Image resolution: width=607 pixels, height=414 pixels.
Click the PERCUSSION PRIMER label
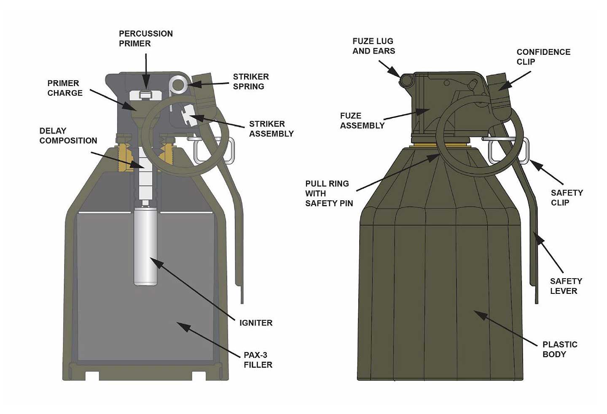[145, 38]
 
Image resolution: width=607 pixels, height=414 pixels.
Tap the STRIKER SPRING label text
[250, 81]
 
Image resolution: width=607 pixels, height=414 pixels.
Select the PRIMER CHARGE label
[65, 88]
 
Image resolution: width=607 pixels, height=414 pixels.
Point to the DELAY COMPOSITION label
[68, 135]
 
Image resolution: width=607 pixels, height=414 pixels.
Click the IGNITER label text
[255, 323]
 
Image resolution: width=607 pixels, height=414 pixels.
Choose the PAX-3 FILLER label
[258, 360]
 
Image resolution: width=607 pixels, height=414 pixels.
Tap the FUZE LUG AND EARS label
[373, 46]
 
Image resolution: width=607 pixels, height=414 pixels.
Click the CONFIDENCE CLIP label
[543, 56]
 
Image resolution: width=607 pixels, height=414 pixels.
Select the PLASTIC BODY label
[559, 349]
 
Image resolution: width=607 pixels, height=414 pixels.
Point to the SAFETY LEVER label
[566, 286]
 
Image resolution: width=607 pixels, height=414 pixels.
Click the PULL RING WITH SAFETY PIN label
[329, 193]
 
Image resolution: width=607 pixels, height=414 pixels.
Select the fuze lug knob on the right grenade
[406, 80]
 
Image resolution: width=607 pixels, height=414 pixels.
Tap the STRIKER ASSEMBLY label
[271, 129]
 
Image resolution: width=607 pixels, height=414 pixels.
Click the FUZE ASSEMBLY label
[362, 121]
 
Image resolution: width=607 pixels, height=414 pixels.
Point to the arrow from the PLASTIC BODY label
[506, 328]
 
